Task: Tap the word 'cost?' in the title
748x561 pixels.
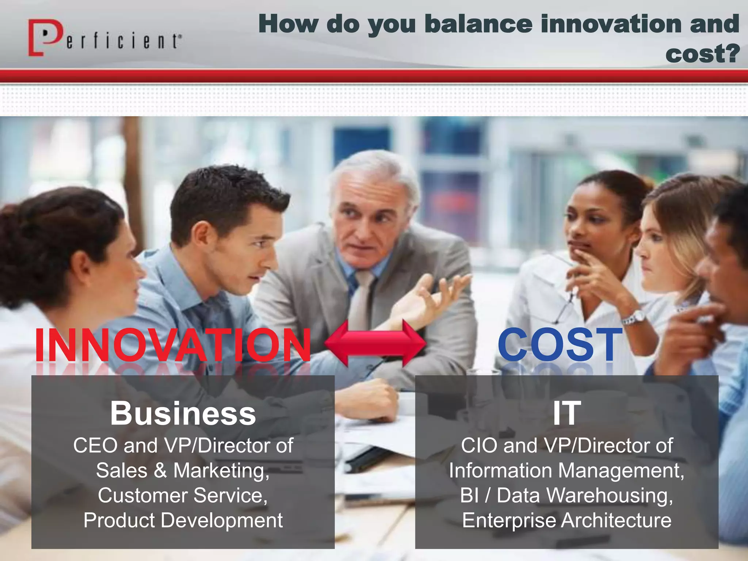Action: (x=702, y=54)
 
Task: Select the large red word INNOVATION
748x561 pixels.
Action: (x=172, y=345)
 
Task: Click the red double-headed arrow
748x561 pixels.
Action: (x=375, y=343)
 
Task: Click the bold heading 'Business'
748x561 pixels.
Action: (x=183, y=413)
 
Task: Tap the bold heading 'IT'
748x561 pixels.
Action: (x=566, y=413)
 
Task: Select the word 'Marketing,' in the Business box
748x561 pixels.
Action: (x=221, y=470)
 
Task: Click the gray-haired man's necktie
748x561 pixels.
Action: (x=362, y=299)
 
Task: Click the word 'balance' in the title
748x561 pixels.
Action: (x=479, y=24)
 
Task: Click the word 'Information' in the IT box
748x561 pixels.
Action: (x=500, y=470)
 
